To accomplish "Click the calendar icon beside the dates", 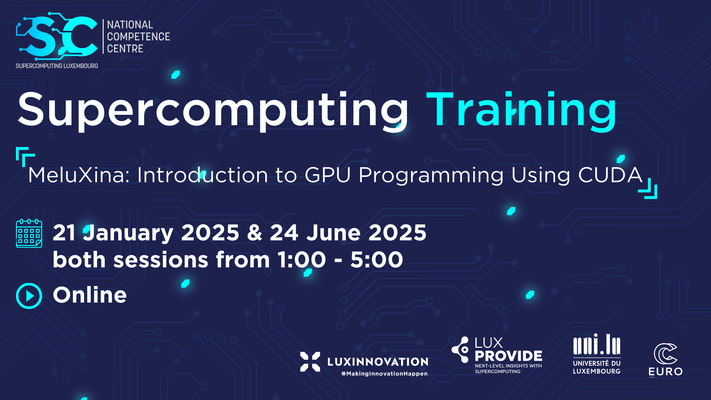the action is [29, 233].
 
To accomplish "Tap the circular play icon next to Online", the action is [29, 296].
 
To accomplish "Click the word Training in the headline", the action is [522, 110].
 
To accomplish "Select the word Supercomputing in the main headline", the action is [213, 110].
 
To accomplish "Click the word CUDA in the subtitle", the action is [610, 175].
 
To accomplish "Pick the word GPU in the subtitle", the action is [327, 175].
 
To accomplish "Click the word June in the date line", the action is [334, 233].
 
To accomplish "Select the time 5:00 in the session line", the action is [377, 260].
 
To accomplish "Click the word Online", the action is [90, 295].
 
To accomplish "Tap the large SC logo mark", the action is [57, 37].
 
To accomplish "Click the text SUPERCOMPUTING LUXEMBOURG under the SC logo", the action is [57, 66].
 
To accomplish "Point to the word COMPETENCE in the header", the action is [138, 37].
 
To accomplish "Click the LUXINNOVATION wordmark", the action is [378, 362].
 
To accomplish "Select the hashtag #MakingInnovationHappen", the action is [384, 374].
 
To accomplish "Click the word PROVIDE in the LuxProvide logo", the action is [508, 356].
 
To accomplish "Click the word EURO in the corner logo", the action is [665, 371].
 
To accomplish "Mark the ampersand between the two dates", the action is [255, 233].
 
